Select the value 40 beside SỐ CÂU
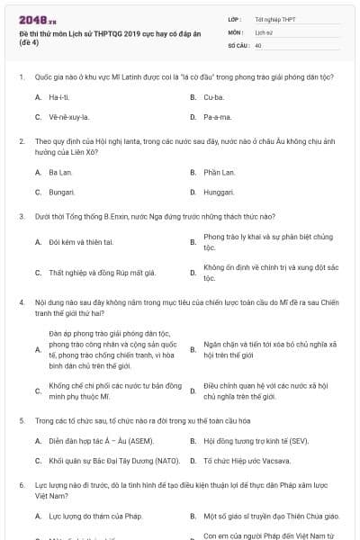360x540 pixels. (x=258, y=44)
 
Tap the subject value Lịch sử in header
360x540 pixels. (x=263, y=31)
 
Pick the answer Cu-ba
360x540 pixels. (x=213, y=95)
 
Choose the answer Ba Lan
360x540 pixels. (x=60, y=171)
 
